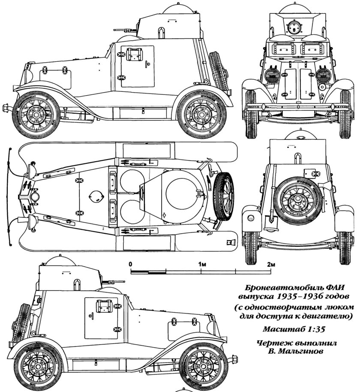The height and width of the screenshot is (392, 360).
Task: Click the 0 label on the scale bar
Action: click(130, 264)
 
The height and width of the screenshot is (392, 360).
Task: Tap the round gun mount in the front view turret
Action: click(294, 28)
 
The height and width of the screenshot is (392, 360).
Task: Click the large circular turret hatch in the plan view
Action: click(183, 193)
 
